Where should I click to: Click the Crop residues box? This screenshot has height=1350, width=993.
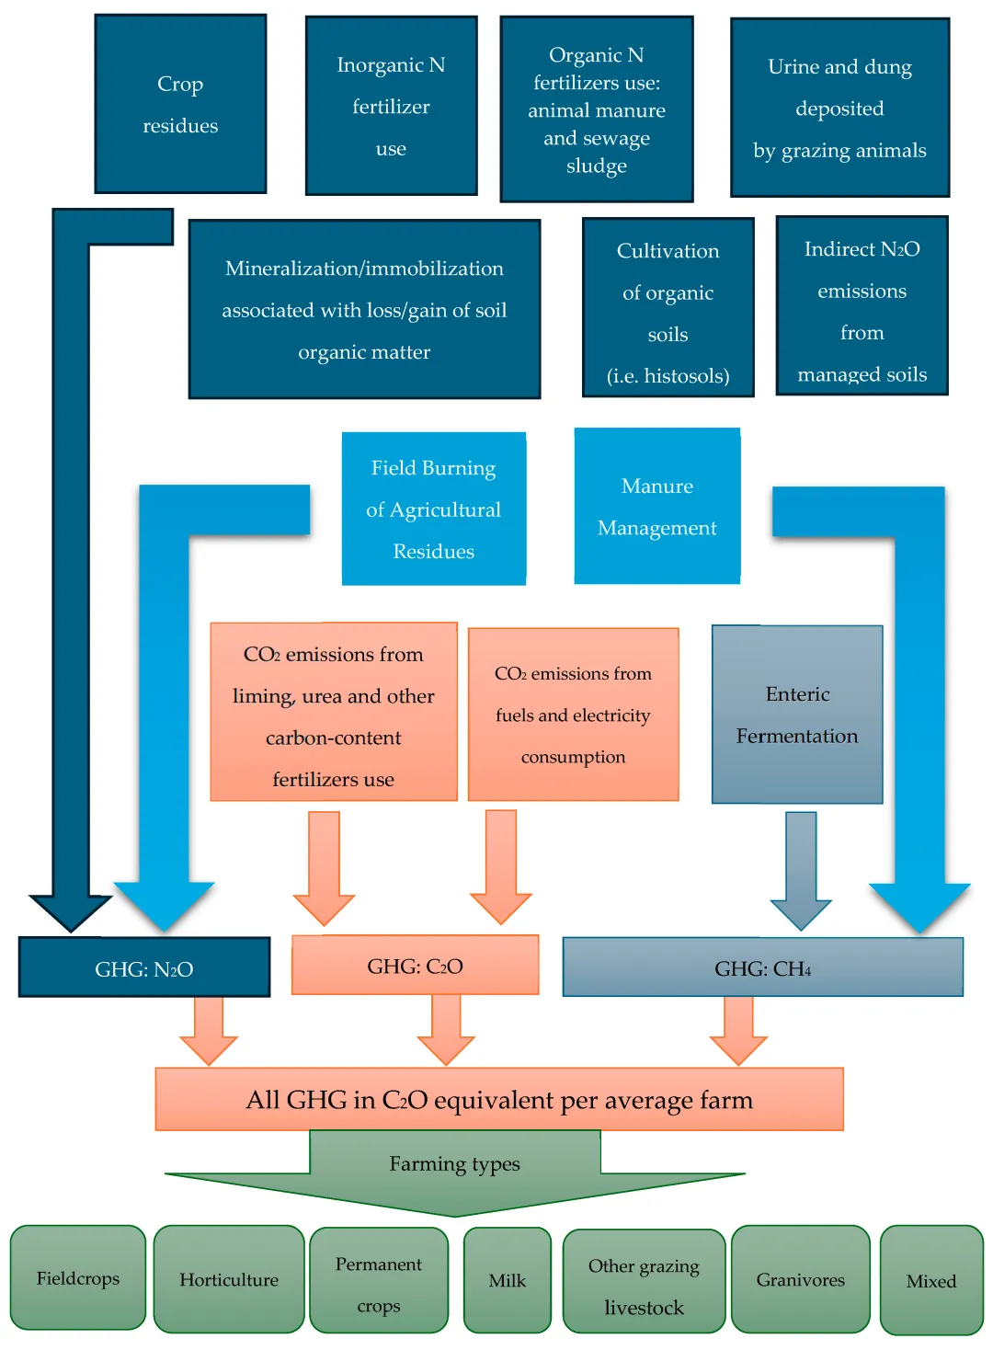pyautogui.click(x=180, y=104)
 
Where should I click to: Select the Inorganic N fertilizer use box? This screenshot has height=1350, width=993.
pyautogui.click(x=391, y=106)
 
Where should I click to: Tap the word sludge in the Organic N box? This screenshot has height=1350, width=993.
pyautogui.click(x=597, y=166)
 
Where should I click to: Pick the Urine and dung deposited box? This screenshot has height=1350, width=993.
pyautogui.click(x=839, y=108)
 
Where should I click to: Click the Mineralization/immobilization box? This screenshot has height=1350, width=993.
pyautogui.click(x=364, y=309)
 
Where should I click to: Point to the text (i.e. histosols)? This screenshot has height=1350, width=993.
pyautogui.click(x=668, y=376)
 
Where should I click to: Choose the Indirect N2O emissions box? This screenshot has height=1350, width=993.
pyautogui.click(x=862, y=306)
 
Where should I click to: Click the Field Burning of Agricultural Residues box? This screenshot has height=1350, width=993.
pyautogui.click(x=433, y=509)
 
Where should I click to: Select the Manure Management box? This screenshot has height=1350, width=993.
pyautogui.click(x=656, y=506)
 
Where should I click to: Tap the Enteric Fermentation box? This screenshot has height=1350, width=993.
pyautogui.click(x=797, y=715)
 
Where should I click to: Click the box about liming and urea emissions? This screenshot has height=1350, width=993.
pyautogui.click(x=333, y=712)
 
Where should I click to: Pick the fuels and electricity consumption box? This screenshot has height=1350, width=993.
pyautogui.click(x=573, y=715)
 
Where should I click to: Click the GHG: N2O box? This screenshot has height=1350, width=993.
pyautogui.click(x=144, y=967)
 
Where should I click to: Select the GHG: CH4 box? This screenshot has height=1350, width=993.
pyautogui.click(x=762, y=967)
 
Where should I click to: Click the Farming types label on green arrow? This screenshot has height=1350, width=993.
pyautogui.click(x=454, y=1164)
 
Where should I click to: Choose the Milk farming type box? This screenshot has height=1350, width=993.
pyautogui.click(x=507, y=1280)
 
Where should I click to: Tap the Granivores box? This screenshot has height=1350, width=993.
pyautogui.click(x=800, y=1279)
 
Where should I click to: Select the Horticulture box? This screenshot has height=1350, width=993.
pyautogui.click(x=228, y=1279)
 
